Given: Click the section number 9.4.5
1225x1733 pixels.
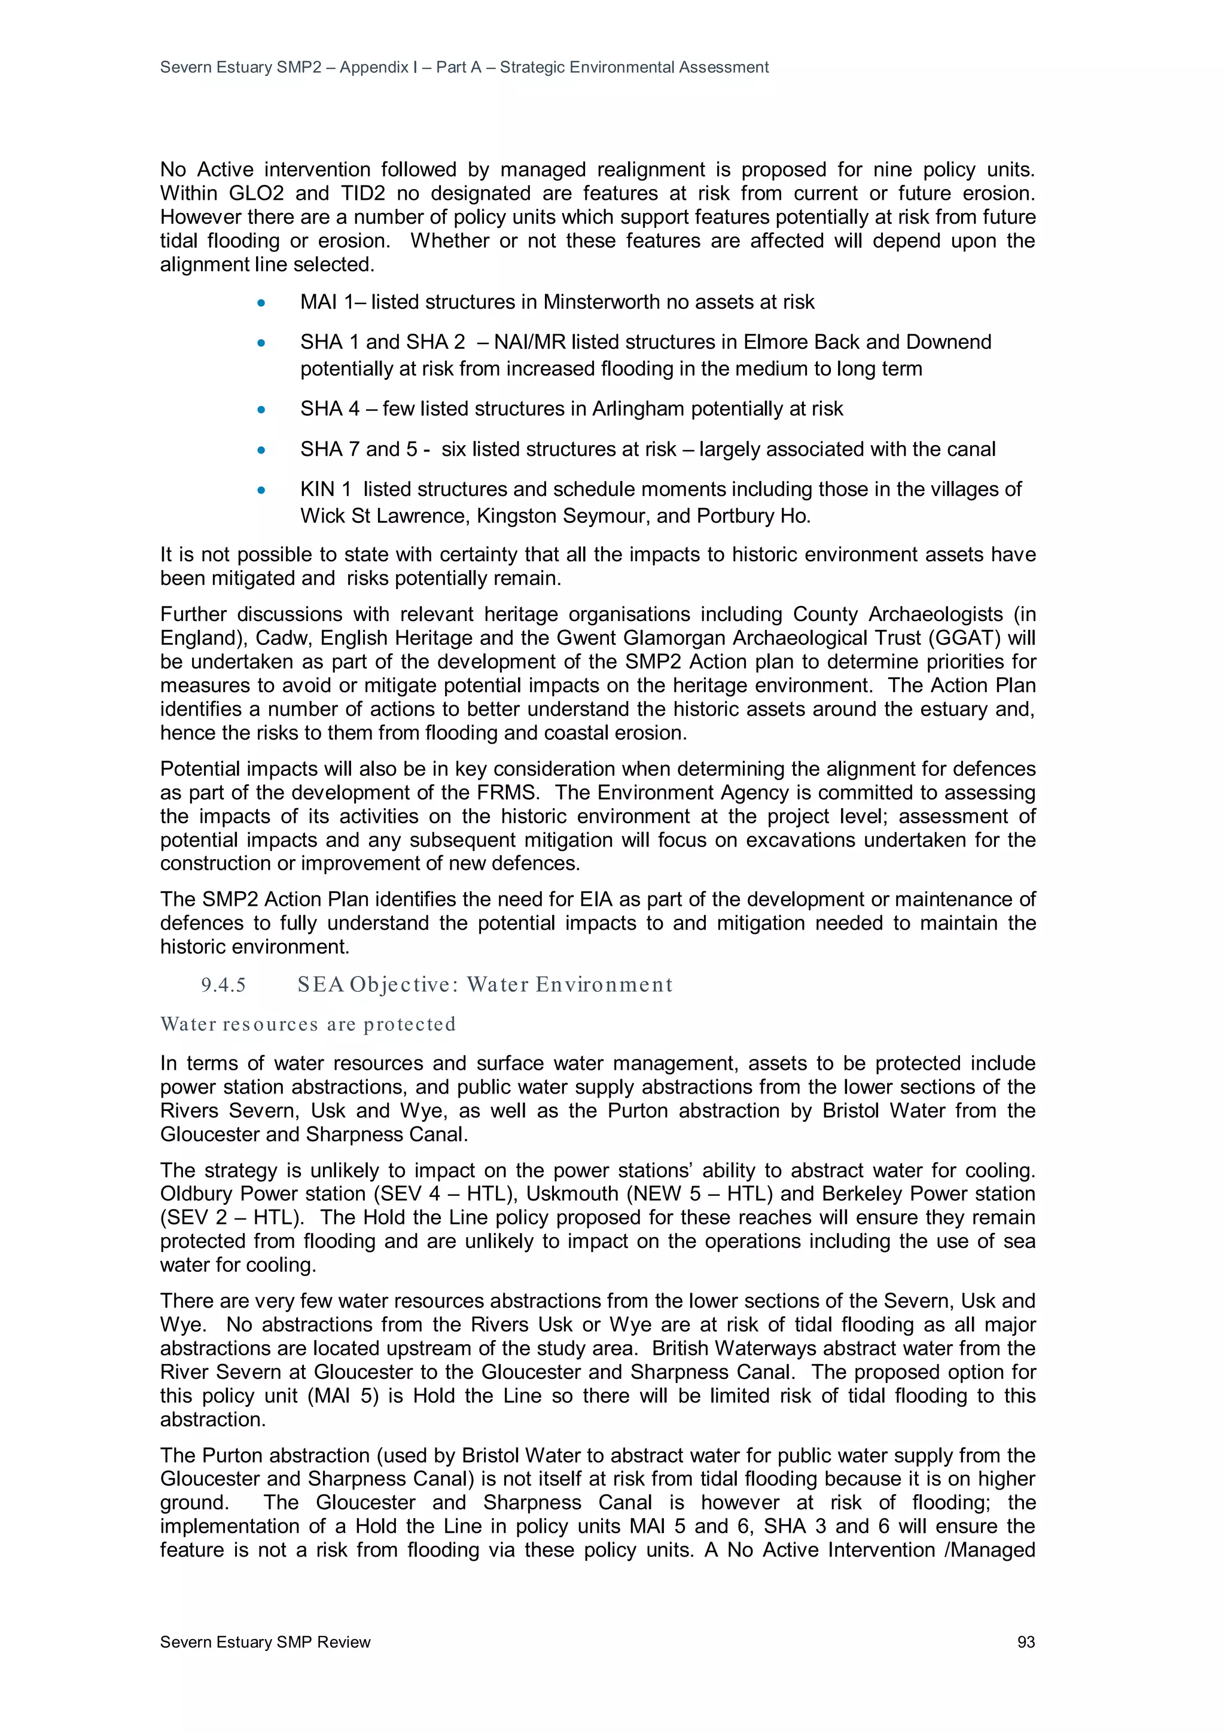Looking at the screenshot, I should point(224,985).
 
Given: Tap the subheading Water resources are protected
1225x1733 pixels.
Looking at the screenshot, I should point(308,1024).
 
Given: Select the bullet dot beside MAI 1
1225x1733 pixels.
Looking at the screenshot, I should point(261,303).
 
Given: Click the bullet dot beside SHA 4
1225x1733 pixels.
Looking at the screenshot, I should point(261,410).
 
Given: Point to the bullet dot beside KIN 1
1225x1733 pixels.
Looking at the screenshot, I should point(261,490).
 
